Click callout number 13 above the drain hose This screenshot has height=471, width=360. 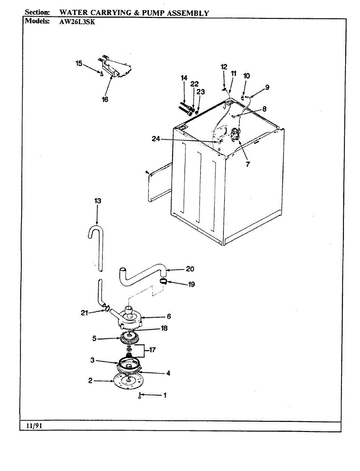pos(98,201)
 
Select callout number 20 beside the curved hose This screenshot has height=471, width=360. pos(190,269)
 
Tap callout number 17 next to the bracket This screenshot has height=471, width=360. pos(152,349)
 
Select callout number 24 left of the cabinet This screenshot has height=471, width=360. pos(156,138)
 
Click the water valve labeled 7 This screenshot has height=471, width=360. pos(236,135)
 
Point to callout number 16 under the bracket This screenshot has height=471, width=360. pos(105,99)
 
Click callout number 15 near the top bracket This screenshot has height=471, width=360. pos(79,63)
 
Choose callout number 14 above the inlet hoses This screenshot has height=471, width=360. pos(184,78)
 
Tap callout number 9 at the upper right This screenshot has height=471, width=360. pos(267,88)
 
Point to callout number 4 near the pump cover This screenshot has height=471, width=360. pos(168,373)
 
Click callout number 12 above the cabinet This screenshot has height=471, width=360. pos(224,67)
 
